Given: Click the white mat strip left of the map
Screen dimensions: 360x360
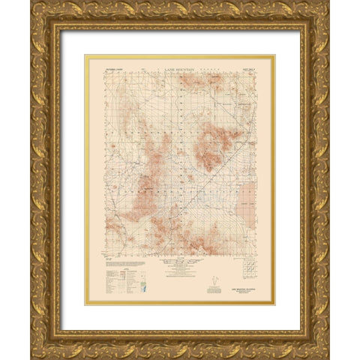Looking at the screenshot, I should [73, 180].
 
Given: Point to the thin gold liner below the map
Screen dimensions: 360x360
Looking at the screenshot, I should [180, 304].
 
